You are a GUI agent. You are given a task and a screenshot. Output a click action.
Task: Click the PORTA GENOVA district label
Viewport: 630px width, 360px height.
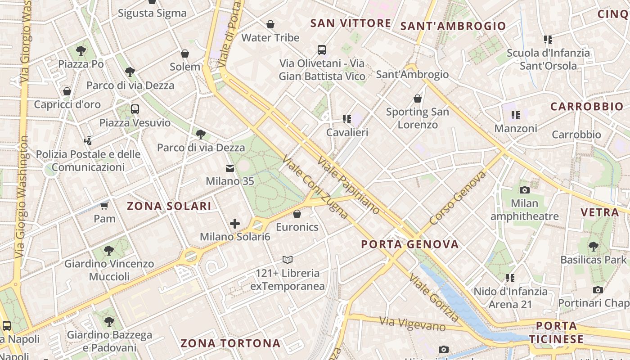coord(410,244)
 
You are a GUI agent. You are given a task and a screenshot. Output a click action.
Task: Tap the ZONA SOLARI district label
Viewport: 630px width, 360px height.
coord(169,206)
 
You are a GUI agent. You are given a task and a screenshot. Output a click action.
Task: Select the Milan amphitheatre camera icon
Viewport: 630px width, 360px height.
coord(524,190)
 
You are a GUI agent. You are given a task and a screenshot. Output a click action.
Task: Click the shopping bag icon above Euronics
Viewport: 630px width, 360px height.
coord(297,213)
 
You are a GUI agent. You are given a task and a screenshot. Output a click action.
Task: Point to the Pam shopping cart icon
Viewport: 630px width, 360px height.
coord(104,206)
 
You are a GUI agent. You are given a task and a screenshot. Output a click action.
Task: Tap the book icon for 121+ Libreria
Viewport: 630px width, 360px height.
coord(288,260)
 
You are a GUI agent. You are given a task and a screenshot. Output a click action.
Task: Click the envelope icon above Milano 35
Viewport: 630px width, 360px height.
coord(230,168)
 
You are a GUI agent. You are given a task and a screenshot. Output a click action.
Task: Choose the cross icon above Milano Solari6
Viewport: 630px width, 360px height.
coord(234,223)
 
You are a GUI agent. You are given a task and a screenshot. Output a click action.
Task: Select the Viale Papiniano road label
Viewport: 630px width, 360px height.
coord(348,185)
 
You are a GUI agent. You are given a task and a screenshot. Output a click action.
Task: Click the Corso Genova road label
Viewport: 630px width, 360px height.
coord(458,198)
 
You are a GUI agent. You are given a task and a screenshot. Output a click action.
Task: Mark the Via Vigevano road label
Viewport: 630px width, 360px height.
coord(412,324)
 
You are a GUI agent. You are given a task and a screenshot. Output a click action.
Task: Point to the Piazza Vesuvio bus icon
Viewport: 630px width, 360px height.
coord(135,109)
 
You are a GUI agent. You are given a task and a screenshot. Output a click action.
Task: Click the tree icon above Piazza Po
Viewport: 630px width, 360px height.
coord(81,50)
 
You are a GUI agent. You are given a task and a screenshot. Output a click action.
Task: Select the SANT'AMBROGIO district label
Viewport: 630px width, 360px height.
coord(453,26)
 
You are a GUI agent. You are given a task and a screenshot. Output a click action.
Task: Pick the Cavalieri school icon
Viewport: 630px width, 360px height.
coord(346,119)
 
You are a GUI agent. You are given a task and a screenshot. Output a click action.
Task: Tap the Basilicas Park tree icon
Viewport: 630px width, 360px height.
coord(594,246)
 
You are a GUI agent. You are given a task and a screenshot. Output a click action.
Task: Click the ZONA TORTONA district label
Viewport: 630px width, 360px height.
coord(230,343)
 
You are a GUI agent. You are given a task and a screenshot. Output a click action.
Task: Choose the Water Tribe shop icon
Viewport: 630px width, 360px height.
coord(270,24)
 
